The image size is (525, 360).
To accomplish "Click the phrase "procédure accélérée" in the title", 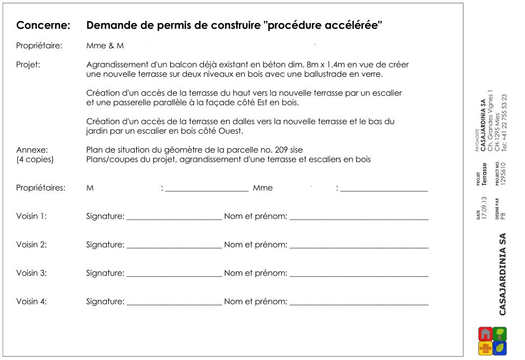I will click(x=324, y=25).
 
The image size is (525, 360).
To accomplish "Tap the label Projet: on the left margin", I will click(x=28, y=64).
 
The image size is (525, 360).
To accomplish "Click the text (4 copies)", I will click(x=35, y=160).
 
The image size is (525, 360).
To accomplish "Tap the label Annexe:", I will click(x=32, y=149).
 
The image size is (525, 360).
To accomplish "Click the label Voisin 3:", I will click(x=31, y=273).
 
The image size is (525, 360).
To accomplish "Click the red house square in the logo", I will click(x=485, y=334).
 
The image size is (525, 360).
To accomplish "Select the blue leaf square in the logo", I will click(x=500, y=348).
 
